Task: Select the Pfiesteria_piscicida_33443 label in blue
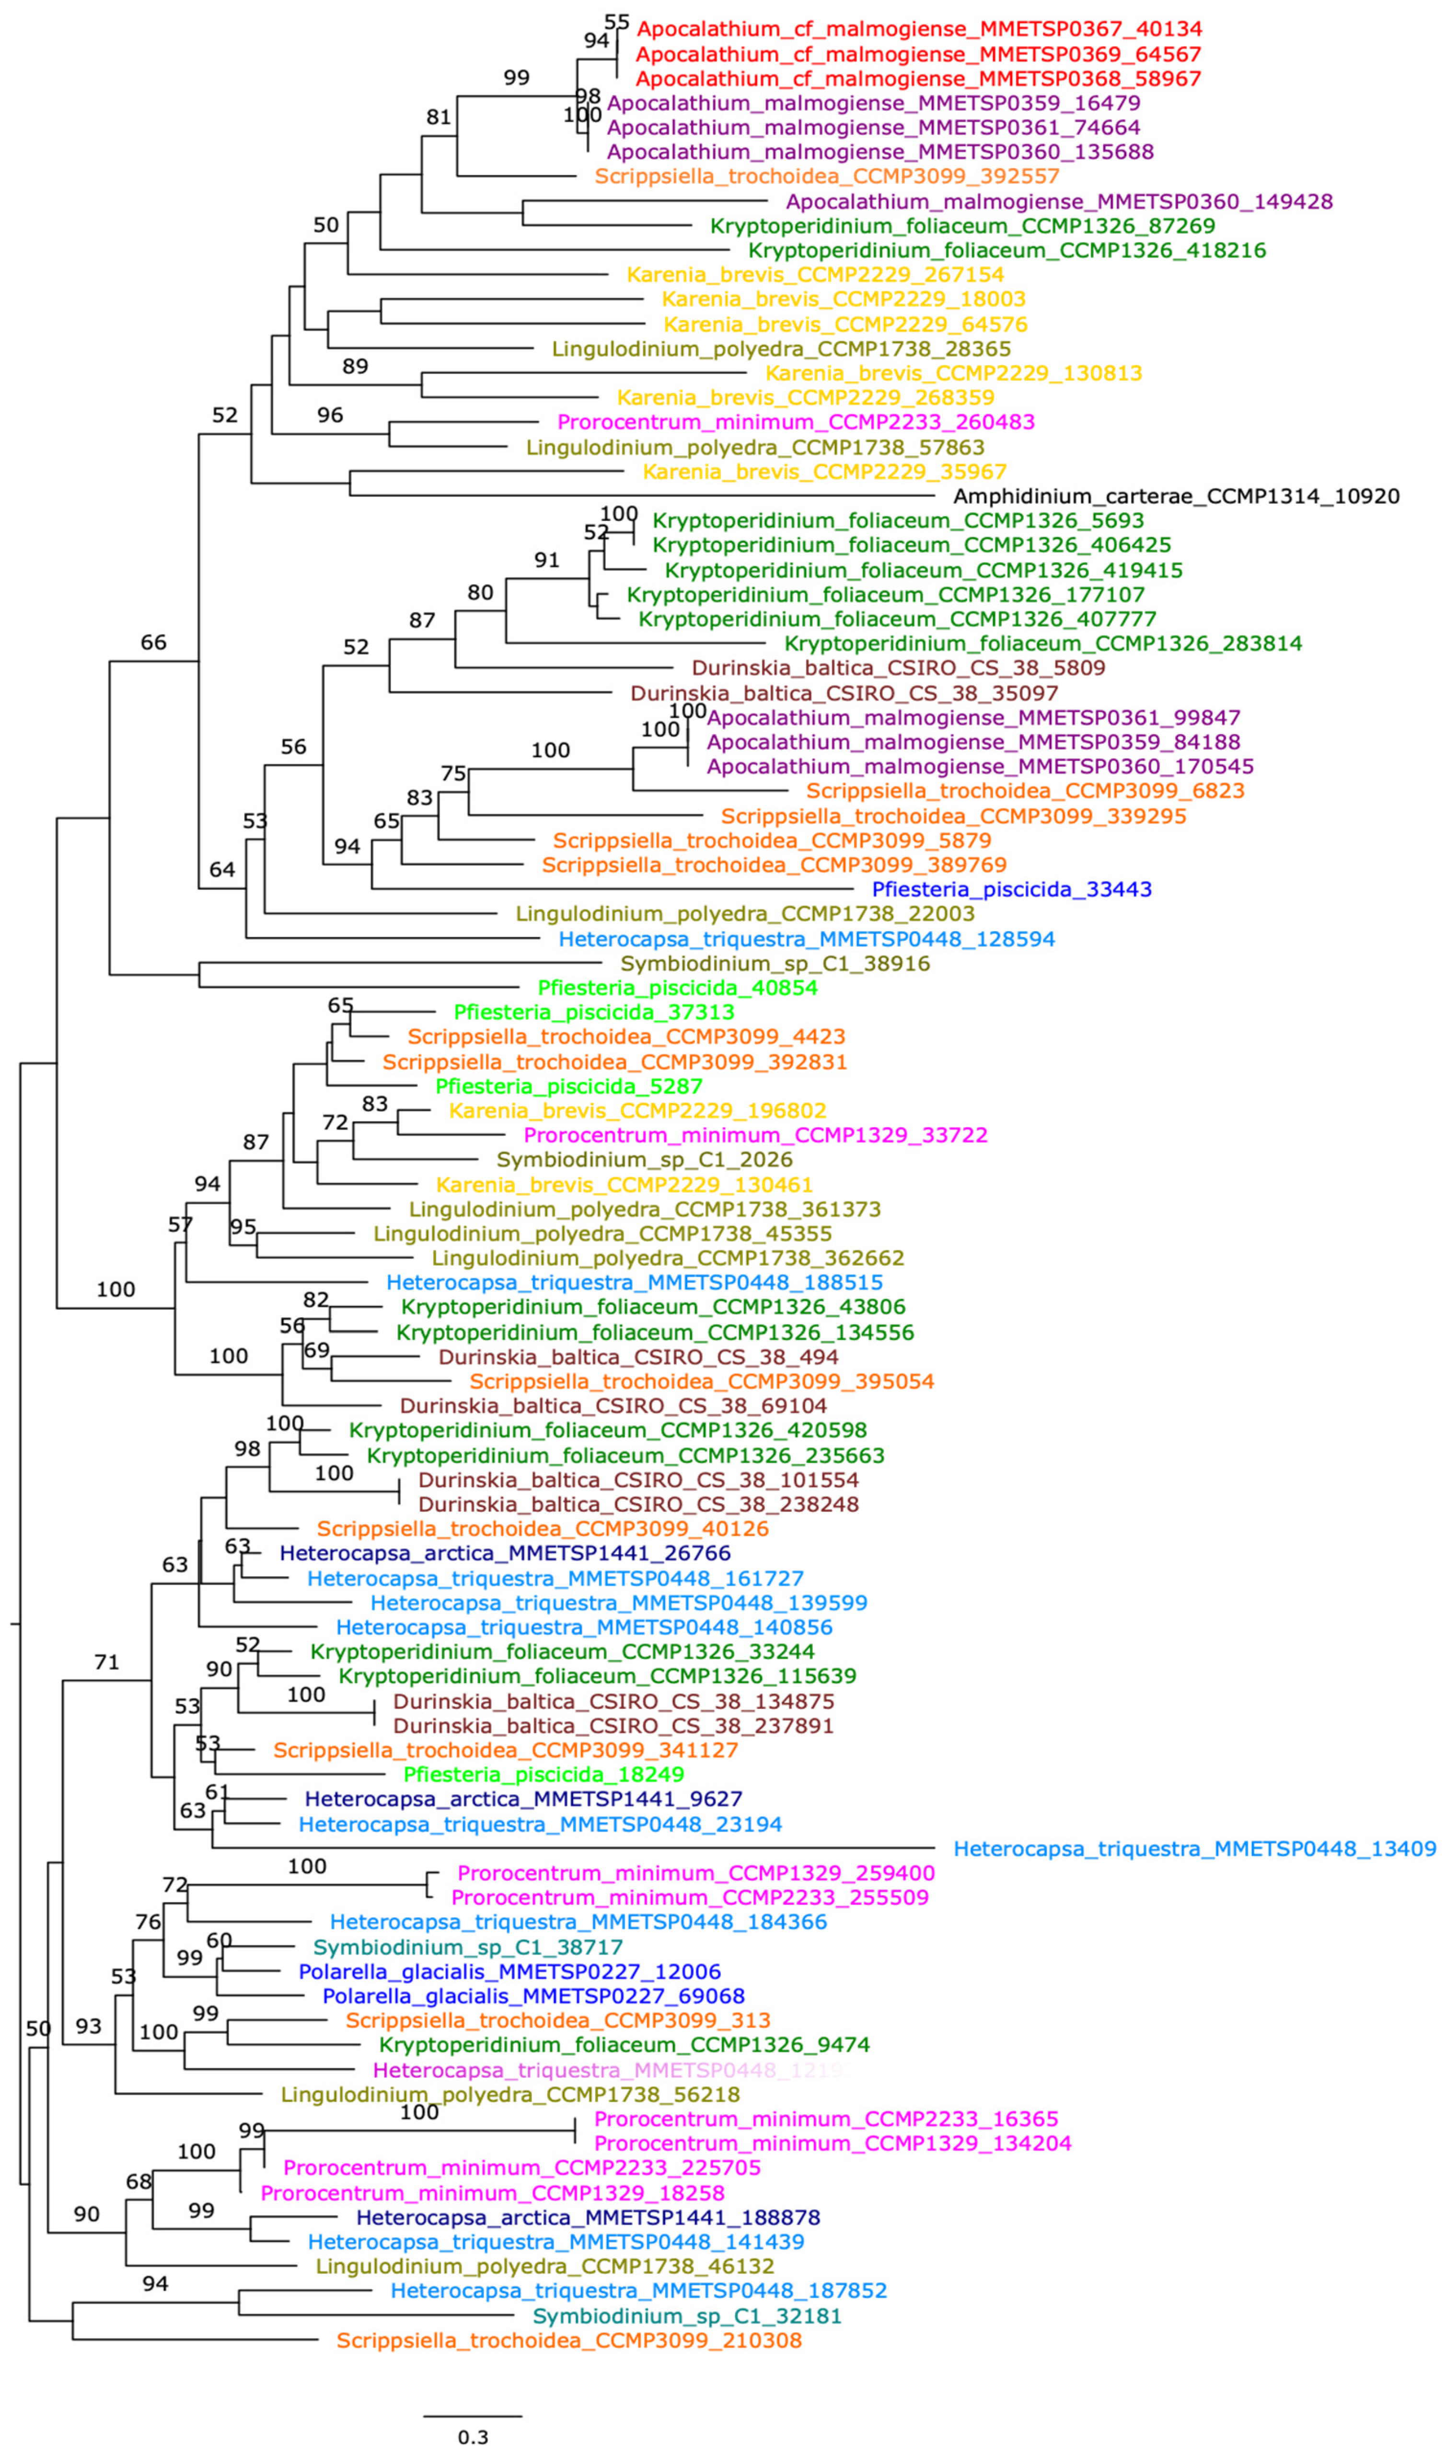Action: click(x=1011, y=889)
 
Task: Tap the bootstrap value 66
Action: click(x=153, y=642)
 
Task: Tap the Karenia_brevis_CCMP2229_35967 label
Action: click(x=824, y=472)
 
